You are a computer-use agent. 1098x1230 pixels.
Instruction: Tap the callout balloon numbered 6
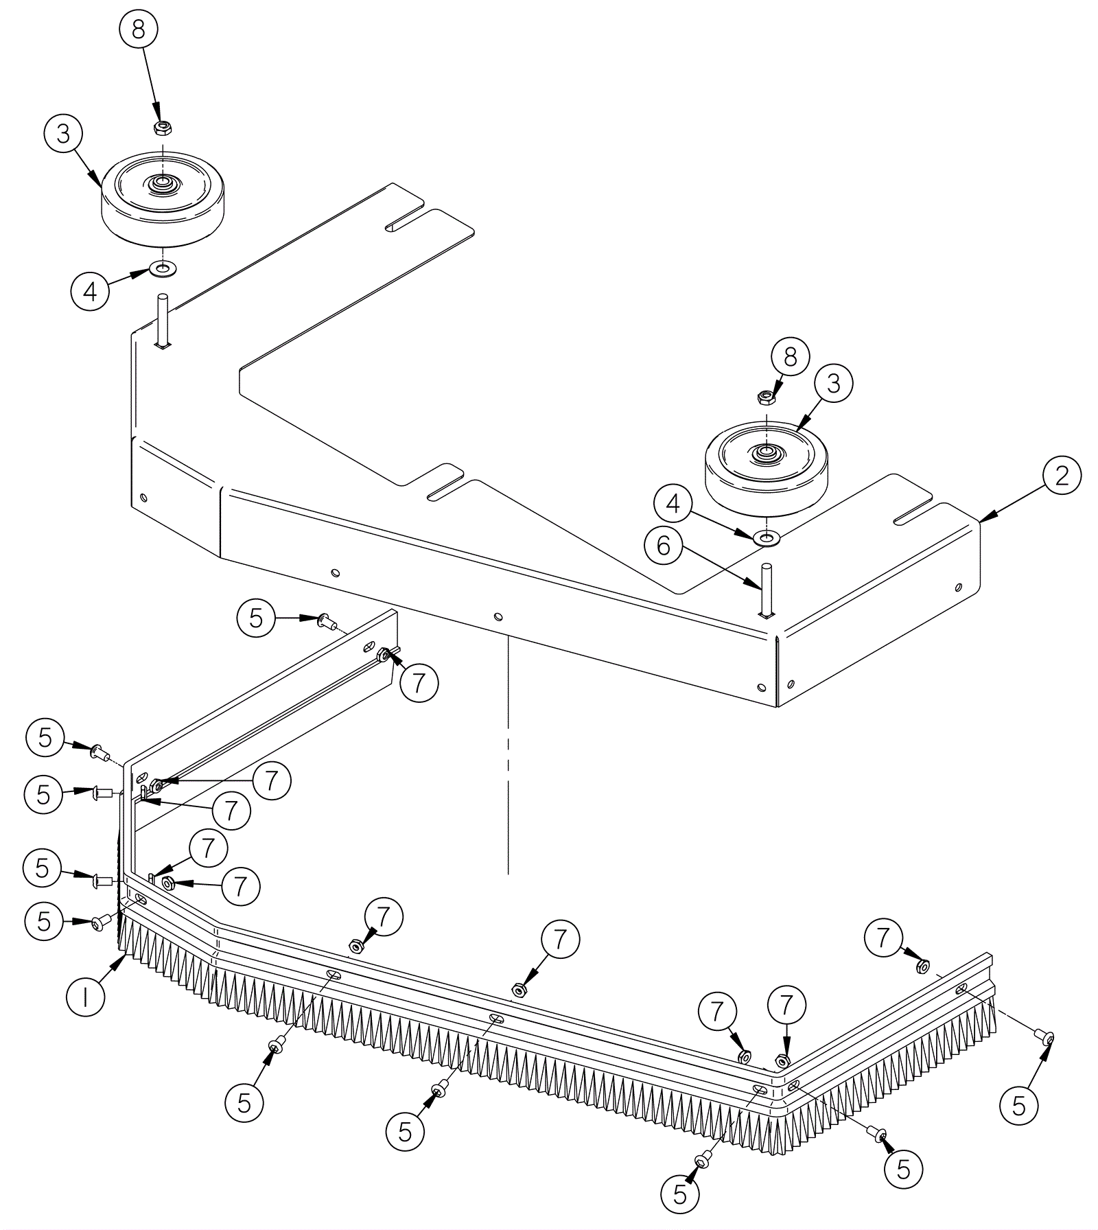(663, 546)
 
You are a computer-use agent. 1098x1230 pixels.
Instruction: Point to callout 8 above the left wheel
(138, 31)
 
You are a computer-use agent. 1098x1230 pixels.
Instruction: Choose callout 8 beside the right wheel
(791, 357)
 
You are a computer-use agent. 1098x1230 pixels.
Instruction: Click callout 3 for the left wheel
(63, 134)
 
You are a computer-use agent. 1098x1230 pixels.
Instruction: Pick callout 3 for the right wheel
(834, 384)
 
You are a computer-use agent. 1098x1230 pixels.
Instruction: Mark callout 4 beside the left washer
(90, 292)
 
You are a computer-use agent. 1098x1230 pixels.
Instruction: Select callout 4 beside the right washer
(673, 504)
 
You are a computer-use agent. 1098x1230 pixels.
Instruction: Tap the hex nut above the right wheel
(765, 397)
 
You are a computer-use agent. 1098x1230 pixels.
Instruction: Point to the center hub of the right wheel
(764, 452)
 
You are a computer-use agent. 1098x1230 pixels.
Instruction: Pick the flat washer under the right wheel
(766, 537)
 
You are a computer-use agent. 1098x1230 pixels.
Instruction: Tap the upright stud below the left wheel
(163, 320)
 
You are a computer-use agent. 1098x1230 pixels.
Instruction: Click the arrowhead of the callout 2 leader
(981, 522)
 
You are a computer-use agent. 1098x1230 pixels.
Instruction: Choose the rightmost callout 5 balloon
(1019, 1106)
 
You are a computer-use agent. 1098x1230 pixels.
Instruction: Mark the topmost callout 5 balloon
(256, 618)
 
